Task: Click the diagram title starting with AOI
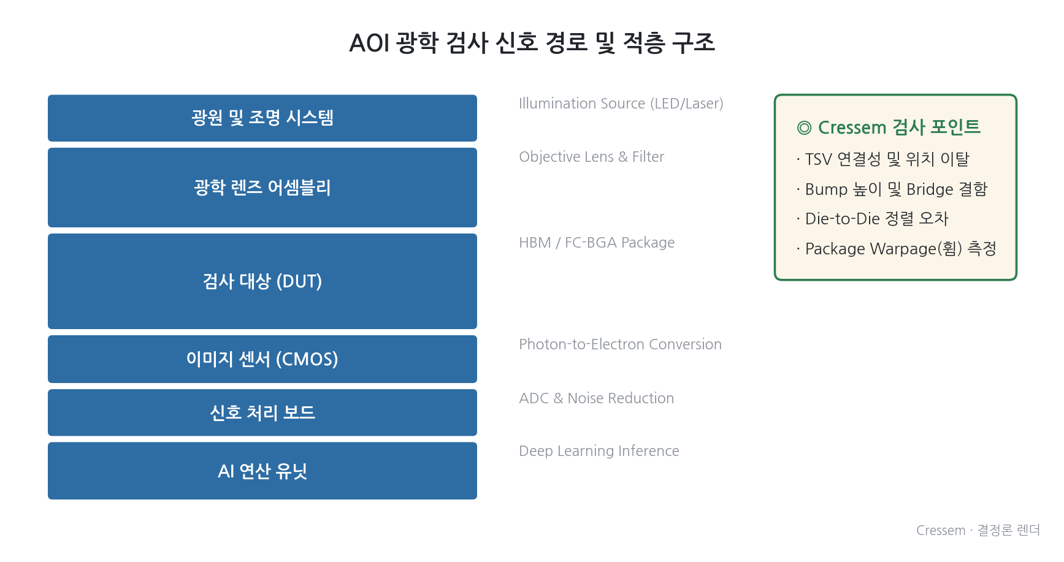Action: point(532,43)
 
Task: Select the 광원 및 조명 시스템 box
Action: point(262,118)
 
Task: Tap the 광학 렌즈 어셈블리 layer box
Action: point(262,188)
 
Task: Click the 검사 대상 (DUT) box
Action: point(262,281)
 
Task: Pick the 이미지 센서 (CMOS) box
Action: point(262,359)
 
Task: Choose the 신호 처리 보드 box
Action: point(262,412)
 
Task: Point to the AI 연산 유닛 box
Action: point(262,471)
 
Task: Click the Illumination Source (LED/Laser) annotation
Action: point(621,104)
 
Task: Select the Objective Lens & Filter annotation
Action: point(592,157)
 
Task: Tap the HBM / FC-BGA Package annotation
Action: point(597,243)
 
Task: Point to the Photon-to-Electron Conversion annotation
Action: point(620,344)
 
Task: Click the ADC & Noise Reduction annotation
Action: point(597,398)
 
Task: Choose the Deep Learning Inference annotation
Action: point(599,451)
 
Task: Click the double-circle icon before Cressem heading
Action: point(804,127)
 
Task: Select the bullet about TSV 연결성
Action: point(883,159)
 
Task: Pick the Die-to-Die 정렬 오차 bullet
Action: point(873,219)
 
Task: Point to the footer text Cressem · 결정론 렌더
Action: point(978,530)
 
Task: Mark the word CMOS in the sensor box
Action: point(307,359)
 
